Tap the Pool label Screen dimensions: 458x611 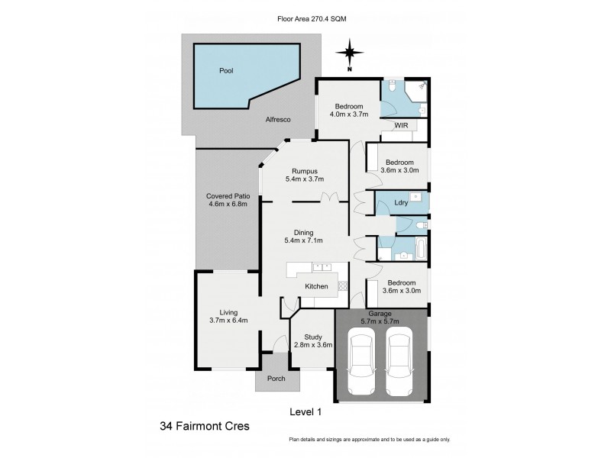click(x=226, y=70)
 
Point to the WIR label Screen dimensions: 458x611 click(x=400, y=126)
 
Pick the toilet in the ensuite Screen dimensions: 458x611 click(x=391, y=88)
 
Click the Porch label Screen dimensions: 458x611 click(x=276, y=379)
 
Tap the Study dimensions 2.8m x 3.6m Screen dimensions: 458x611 click(x=313, y=345)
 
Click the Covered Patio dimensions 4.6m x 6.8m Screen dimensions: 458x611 click(x=227, y=205)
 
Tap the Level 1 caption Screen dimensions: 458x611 click(x=305, y=411)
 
